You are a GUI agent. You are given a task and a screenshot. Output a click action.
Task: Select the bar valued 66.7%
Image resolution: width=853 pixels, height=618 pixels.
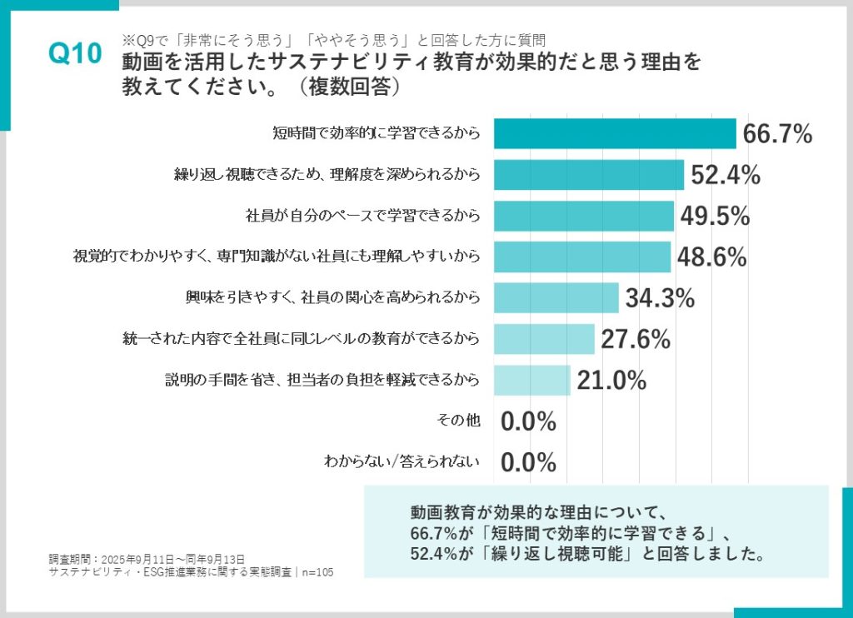(615, 134)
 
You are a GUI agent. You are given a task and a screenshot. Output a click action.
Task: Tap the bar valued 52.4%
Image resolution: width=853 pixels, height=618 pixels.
(588, 175)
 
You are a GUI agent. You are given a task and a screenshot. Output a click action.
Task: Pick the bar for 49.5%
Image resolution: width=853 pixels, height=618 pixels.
(583, 216)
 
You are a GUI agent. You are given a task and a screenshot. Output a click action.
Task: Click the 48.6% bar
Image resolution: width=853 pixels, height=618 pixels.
(581, 257)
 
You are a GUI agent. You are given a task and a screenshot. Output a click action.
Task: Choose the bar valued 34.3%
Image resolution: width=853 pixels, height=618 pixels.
(556, 297)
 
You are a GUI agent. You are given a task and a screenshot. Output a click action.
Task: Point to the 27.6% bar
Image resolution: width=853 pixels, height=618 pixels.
(544, 338)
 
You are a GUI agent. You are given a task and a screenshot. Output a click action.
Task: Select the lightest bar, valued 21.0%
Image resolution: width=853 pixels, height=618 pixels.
(531, 380)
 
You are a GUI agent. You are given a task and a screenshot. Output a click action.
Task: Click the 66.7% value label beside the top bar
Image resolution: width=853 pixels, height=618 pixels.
(777, 134)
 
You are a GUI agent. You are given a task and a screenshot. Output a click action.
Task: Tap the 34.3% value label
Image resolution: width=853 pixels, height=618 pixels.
(660, 298)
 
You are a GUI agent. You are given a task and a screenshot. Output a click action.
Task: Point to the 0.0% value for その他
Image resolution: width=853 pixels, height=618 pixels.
(528, 421)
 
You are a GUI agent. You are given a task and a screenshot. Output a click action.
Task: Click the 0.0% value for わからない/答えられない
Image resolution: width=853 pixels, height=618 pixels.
(528, 462)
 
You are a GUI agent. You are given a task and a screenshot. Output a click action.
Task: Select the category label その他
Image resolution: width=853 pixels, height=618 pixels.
(458, 421)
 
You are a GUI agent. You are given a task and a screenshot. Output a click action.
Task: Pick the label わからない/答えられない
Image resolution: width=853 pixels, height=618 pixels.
(402, 462)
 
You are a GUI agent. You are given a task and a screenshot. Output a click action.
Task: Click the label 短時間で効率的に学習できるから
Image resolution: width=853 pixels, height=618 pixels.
(377, 134)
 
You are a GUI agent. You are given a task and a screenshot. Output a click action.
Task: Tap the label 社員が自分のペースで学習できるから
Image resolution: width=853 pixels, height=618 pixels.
(363, 216)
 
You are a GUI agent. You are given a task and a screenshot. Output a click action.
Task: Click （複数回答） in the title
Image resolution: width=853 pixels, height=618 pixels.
(344, 86)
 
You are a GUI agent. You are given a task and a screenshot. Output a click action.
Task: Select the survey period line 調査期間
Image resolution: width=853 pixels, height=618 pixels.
(147, 558)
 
